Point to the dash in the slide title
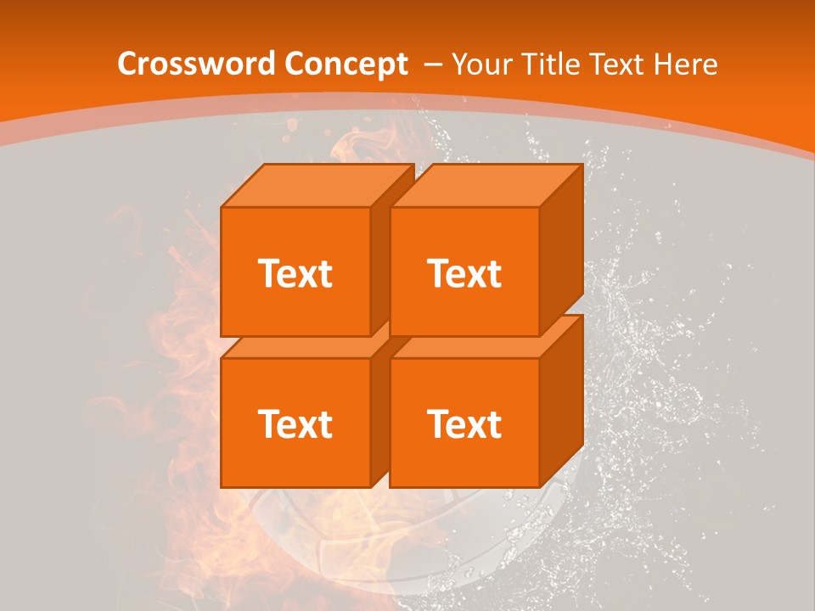[433, 64]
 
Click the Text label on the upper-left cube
[295, 273]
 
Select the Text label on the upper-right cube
[464, 273]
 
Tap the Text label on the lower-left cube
[295, 423]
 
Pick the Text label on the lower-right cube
[464, 423]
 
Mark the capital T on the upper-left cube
[269, 273]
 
